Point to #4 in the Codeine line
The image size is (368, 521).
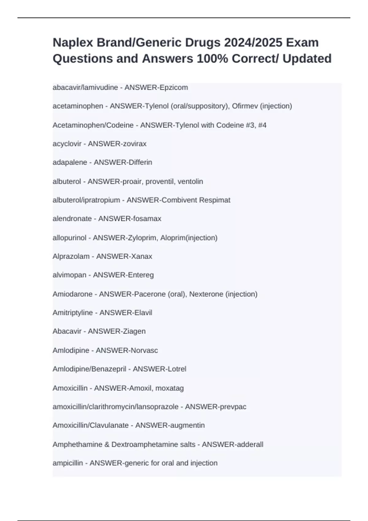[262, 125]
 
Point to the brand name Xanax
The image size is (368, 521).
[141, 256]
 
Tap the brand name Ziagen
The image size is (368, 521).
[134, 331]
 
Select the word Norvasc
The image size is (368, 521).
[144, 350]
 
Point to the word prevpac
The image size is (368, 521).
[233, 407]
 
